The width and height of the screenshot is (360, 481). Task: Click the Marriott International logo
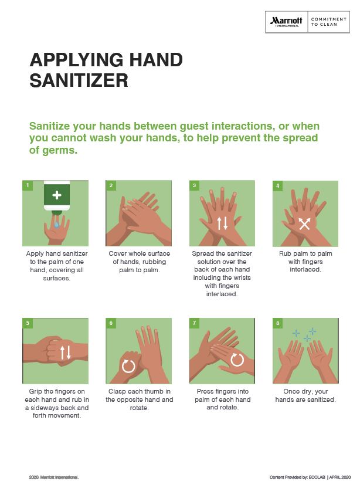click(x=286, y=22)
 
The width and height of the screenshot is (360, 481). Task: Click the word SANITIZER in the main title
click(x=79, y=80)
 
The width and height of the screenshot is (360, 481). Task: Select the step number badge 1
click(x=27, y=185)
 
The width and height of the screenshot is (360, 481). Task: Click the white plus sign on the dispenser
click(x=56, y=194)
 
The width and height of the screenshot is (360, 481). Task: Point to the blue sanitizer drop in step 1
click(x=56, y=224)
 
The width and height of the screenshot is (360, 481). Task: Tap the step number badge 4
click(x=278, y=185)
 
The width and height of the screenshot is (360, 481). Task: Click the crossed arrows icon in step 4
click(x=304, y=223)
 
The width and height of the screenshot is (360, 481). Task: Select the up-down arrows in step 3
click(x=222, y=223)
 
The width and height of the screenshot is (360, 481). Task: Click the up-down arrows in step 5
click(x=65, y=352)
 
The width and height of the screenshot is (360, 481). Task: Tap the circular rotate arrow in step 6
click(x=128, y=366)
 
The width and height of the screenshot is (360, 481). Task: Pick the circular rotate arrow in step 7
click(x=237, y=359)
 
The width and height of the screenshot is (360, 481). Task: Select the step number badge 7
click(x=195, y=323)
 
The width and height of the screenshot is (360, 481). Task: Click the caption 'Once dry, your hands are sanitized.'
click(x=305, y=395)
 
